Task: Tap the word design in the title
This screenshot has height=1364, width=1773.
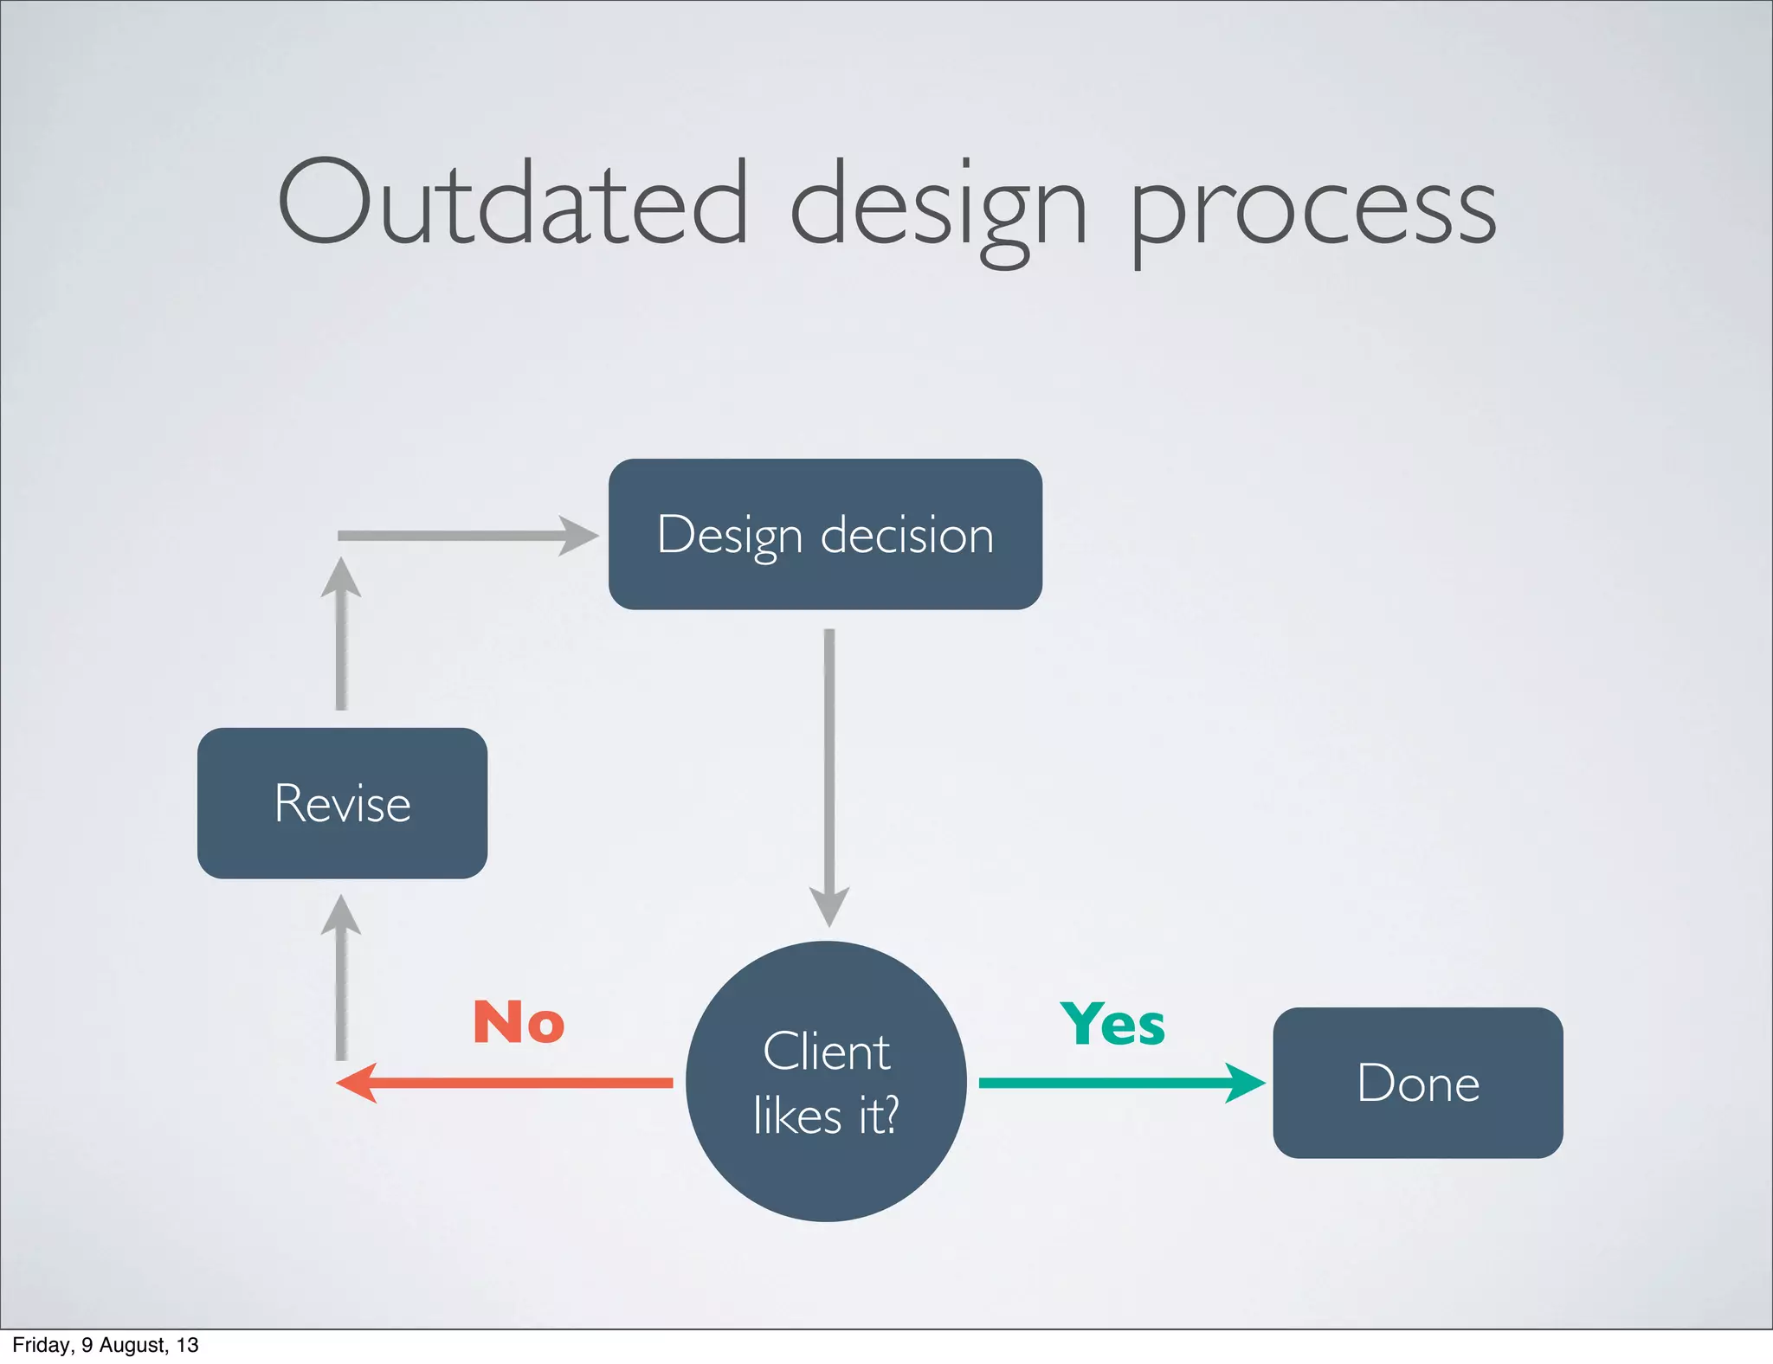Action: [x=938, y=208]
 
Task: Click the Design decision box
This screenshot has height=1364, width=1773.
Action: [x=825, y=534]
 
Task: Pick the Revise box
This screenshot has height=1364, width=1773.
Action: [x=342, y=803]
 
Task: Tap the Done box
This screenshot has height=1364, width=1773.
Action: [x=1417, y=1083]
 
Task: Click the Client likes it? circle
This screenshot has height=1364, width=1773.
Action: [x=826, y=1082]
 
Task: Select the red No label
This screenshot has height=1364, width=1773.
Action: [x=519, y=1022]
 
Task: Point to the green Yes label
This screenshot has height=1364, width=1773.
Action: [x=1112, y=1024]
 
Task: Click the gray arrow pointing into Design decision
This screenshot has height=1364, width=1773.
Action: [x=467, y=536]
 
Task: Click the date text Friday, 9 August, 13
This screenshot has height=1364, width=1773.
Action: [x=106, y=1345]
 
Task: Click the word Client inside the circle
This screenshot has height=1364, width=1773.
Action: [x=826, y=1052]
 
